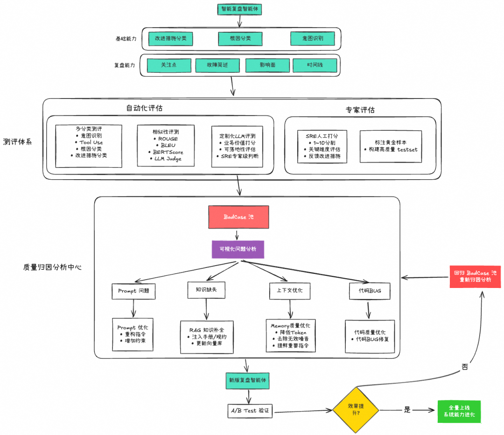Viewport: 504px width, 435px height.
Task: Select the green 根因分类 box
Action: coord(240,38)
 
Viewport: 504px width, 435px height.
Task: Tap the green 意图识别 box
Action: coord(313,38)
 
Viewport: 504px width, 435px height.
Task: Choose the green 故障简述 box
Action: coord(217,65)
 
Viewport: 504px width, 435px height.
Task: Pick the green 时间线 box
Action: coord(315,65)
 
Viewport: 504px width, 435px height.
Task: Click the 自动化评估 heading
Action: coord(145,108)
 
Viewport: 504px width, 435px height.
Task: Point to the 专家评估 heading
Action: coord(360,110)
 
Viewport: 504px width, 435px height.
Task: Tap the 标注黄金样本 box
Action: coord(391,146)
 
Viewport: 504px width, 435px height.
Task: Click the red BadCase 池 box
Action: coord(238,217)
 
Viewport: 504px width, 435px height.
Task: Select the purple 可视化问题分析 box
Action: coord(238,249)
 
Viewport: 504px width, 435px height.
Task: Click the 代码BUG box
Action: coord(369,291)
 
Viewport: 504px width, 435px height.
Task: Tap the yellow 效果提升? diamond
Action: coord(356,410)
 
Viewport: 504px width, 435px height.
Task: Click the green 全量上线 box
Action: coord(459,412)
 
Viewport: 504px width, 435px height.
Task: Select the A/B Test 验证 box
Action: coord(250,411)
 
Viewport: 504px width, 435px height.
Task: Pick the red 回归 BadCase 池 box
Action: coord(475,276)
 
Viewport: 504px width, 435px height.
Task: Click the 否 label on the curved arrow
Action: coord(465,367)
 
